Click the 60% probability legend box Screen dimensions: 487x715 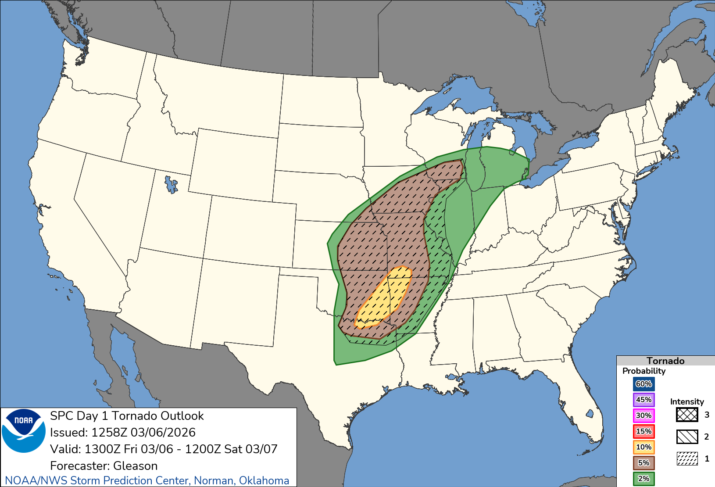(x=643, y=384)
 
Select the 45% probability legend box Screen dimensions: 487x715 (x=643, y=400)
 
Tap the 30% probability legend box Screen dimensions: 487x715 (x=643, y=415)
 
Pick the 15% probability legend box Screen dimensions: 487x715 (x=643, y=431)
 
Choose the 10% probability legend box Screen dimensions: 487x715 (x=643, y=447)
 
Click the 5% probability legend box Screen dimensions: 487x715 (x=643, y=463)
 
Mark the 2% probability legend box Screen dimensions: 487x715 (x=643, y=479)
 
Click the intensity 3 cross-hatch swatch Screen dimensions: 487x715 (x=687, y=415)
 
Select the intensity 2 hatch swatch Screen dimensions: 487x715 (x=687, y=437)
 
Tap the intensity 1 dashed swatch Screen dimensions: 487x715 (x=687, y=458)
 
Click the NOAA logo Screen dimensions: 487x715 (x=24, y=430)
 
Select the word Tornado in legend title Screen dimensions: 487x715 (x=665, y=361)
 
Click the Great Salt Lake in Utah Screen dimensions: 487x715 (x=171, y=184)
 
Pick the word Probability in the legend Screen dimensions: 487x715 (x=644, y=371)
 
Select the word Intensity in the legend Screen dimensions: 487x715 (x=687, y=401)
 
